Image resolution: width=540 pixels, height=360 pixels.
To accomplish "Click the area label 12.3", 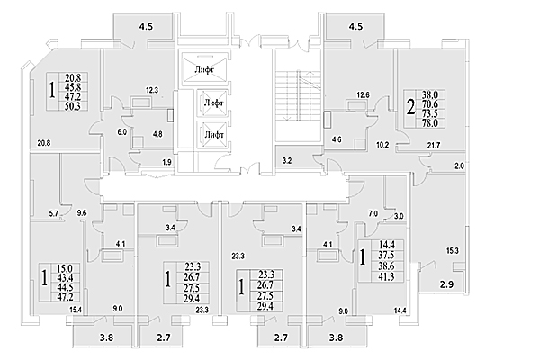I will coord(152,90).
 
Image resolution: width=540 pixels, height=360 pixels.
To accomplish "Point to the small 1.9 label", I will coord(166,162).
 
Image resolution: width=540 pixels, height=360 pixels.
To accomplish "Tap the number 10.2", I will coord(382,145).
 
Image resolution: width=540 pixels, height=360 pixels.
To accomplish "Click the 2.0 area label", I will coord(460,166).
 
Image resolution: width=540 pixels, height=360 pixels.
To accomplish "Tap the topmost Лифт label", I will coord(206,69).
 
